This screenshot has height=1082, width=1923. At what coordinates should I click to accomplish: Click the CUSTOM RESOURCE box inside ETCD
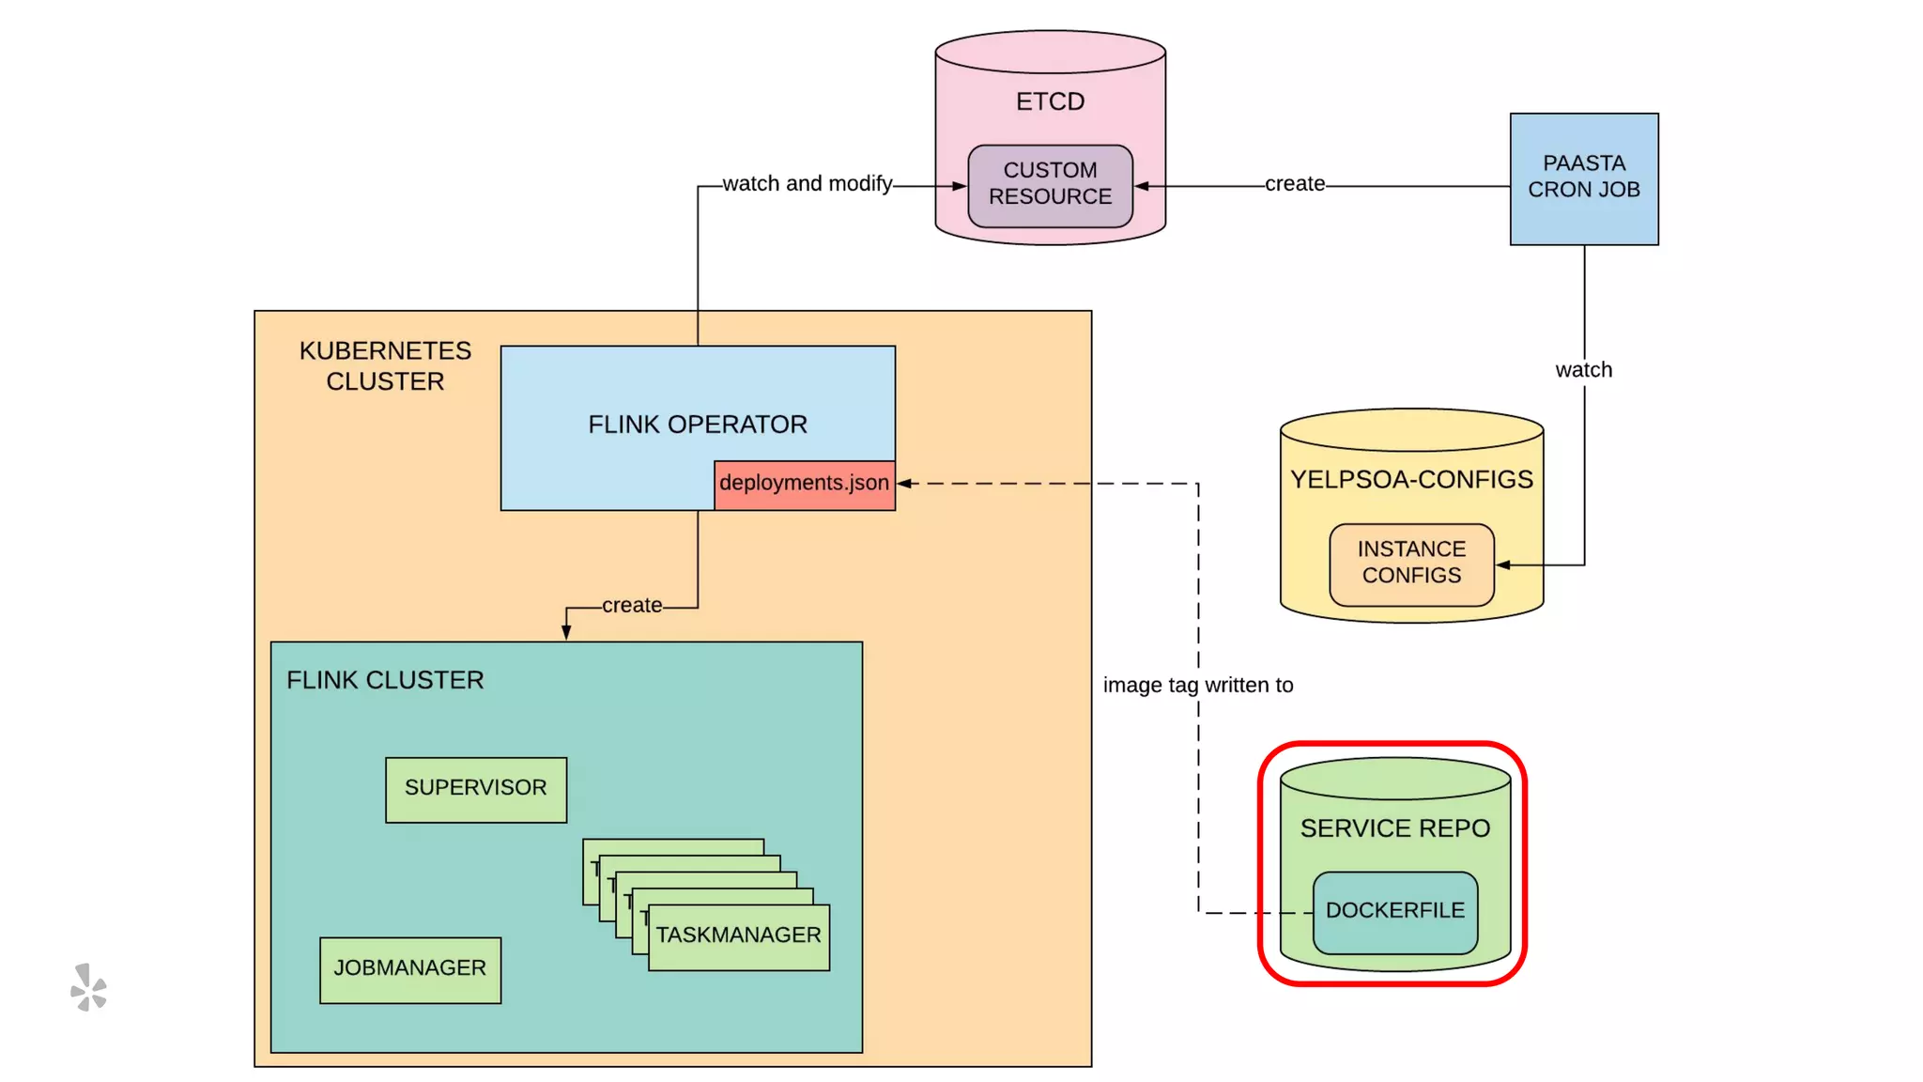click(1050, 184)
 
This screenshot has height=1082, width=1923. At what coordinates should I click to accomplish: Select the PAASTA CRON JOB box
click(1583, 178)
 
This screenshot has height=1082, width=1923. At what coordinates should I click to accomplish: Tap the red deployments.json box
click(804, 484)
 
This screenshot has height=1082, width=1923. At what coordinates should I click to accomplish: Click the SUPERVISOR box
click(475, 789)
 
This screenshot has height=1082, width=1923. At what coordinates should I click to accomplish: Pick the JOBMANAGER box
click(409, 969)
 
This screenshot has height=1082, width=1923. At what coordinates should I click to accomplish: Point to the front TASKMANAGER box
click(738, 936)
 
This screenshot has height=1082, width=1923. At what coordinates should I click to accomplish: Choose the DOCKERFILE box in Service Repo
click(1394, 911)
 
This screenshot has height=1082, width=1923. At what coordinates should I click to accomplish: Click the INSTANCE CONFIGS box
click(1410, 564)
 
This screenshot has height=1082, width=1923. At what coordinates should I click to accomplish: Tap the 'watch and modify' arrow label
click(807, 184)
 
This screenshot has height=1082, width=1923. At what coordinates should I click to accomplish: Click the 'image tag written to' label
click(1197, 686)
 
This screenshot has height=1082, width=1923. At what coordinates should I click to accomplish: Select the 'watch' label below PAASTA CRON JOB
click(1583, 370)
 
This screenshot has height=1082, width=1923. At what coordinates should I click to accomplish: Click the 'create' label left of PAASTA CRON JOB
click(1294, 184)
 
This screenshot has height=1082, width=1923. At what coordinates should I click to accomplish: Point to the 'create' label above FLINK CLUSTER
click(631, 606)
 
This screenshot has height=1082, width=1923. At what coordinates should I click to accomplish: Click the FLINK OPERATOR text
click(697, 425)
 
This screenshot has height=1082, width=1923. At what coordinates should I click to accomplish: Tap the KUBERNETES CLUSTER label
click(385, 366)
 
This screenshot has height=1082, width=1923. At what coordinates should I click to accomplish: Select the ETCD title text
click(1050, 101)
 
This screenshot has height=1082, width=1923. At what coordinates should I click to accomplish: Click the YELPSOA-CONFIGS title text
click(1410, 480)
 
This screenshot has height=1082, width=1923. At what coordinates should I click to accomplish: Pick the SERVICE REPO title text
click(1394, 828)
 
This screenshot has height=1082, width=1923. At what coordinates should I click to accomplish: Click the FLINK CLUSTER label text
click(385, 680)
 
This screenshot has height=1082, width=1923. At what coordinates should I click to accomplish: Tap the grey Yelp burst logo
click(89, 987)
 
